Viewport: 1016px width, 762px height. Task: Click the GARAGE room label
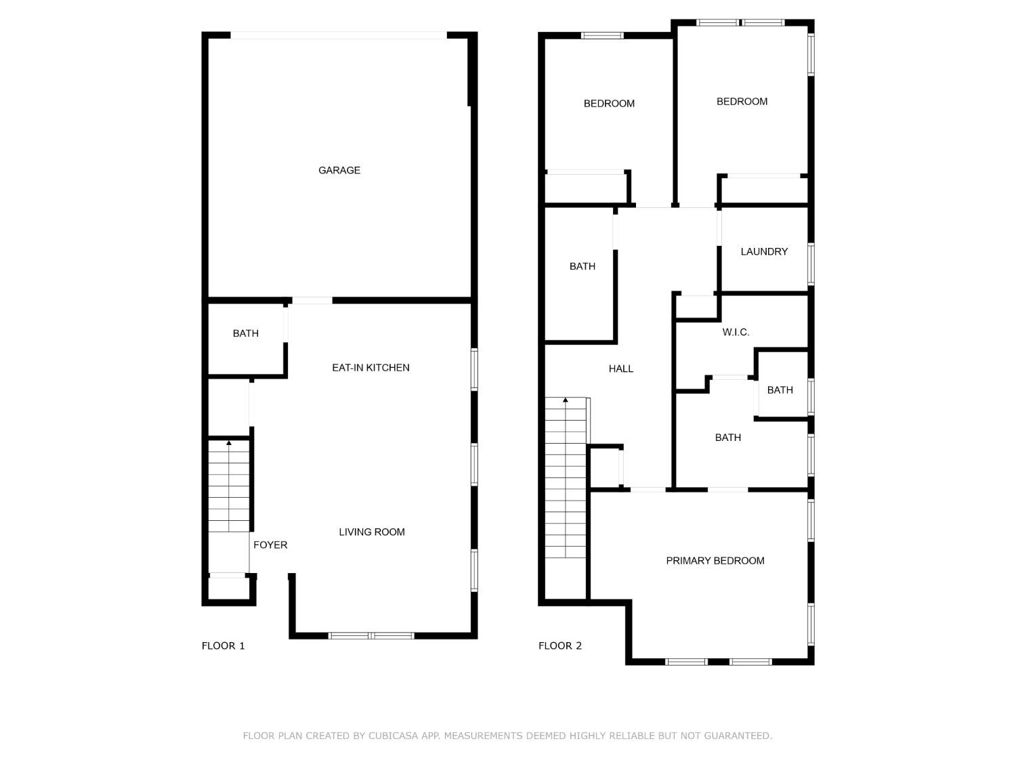pyautogui.click(x=339, y=170)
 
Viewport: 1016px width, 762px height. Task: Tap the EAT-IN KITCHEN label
pyautogui.click(x=371, y=368)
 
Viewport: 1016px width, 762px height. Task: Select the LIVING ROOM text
pyautogui.click(x=372, y=532)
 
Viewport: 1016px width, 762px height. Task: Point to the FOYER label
pyautogui.click(x=270, y=545)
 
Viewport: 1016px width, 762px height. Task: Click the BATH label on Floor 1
pyautogui.click(x=245, y=333)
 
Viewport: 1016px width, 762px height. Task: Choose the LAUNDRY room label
pyautogui.click(x=764, y=252)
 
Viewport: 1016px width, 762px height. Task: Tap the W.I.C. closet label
pyautogui.click(x=736, y=333)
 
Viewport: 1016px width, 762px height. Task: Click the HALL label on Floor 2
pyautogui.click(x=620, y=369)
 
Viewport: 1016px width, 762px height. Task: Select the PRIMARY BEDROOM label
pyautogui.click(x=715, y=561)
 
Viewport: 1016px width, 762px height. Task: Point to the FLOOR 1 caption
pyautogui.click(x=223, y=646)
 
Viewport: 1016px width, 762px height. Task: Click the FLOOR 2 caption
pyautogui.click(x=560, y=646)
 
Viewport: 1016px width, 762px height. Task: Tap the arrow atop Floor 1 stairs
pyautogui.click(x=229, y=443)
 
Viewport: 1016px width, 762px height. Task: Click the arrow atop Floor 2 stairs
pyautogui.click(x=565, y=400)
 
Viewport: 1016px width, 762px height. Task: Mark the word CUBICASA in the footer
pyautogui.click(x=395, y=736)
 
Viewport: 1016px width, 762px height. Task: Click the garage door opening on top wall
pyautogui.click(x=339, y=35)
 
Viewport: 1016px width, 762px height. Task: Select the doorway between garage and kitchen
pyautogui.click(x=312, y=300)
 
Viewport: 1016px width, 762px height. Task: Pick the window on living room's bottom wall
pyautogui.click(x=371, y=635)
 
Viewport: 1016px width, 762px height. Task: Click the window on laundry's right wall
pyautogui.click(x=811, y=264)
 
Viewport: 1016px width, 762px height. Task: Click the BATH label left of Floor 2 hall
pyautogui.click(x=582, y=267)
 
